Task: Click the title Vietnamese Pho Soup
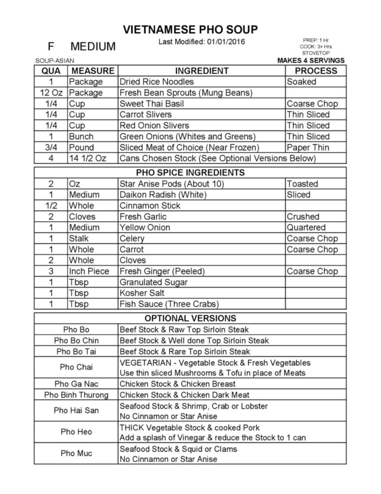190,30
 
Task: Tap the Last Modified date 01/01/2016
226,42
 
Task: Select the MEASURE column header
93,71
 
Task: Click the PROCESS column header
316,71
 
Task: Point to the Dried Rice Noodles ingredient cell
156,82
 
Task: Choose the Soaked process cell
301,82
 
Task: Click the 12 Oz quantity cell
51,93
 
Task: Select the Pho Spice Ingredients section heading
190,173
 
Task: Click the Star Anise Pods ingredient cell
172,184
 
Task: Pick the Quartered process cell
306,227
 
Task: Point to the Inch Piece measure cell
89,271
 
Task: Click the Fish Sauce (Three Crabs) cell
169,304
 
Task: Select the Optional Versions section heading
190,318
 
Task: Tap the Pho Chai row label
76,367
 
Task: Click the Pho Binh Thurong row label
76,395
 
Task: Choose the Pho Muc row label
76,453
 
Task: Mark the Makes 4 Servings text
311,61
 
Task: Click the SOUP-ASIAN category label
54,61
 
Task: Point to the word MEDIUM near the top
93,46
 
